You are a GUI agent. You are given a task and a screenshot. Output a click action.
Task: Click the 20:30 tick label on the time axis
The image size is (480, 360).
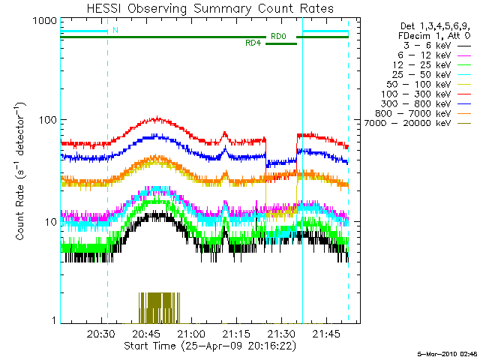[101, 334]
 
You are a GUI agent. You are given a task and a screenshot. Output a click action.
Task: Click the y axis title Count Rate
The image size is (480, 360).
[22, 172]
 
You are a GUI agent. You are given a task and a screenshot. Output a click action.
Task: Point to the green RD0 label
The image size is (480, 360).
[277, 36]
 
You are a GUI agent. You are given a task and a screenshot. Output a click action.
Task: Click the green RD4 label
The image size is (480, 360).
[253, 43]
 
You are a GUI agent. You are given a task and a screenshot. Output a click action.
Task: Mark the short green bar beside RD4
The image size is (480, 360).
[281, 43]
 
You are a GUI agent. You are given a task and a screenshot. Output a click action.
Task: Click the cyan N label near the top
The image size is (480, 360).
[115, 31]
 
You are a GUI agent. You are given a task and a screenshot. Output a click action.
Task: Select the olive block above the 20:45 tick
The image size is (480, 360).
[159, 306]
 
